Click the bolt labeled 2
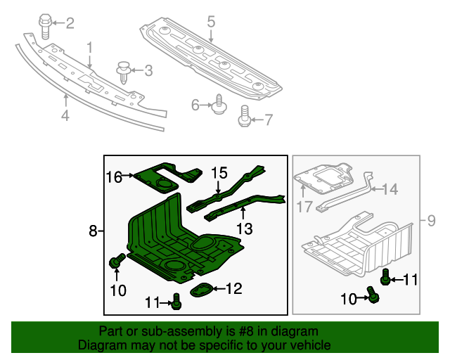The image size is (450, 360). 45,26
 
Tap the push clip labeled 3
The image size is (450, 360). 124,71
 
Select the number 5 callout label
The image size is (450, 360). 211,22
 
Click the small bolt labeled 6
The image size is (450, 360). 218,105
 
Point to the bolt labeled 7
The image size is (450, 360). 245,117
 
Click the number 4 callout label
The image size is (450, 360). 65,116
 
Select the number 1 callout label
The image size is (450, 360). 90,47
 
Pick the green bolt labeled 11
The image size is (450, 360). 176,302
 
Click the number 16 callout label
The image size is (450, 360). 115,176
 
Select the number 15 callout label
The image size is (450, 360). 219,172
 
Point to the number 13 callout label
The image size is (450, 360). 243,228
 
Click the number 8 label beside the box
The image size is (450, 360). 93,231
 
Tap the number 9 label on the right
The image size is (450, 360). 432,222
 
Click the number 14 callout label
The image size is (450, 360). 390,188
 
